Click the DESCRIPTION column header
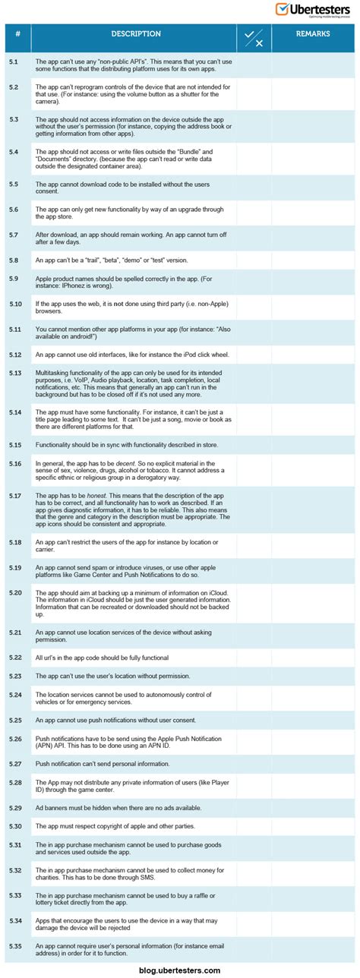pos(136,34)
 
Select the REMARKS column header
pos(312,34)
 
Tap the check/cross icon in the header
pos(254,38)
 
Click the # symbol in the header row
pos(17,34)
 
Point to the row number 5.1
pos(14,61)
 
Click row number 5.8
pos(14,260)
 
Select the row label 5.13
pos(15,373)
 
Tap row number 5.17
pos(15,496)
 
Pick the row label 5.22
pos(15,657)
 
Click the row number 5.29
pos(15,806)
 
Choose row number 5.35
pos(15,945)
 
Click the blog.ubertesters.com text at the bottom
pos(180,970)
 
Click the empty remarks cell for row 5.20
pos(312,603)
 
